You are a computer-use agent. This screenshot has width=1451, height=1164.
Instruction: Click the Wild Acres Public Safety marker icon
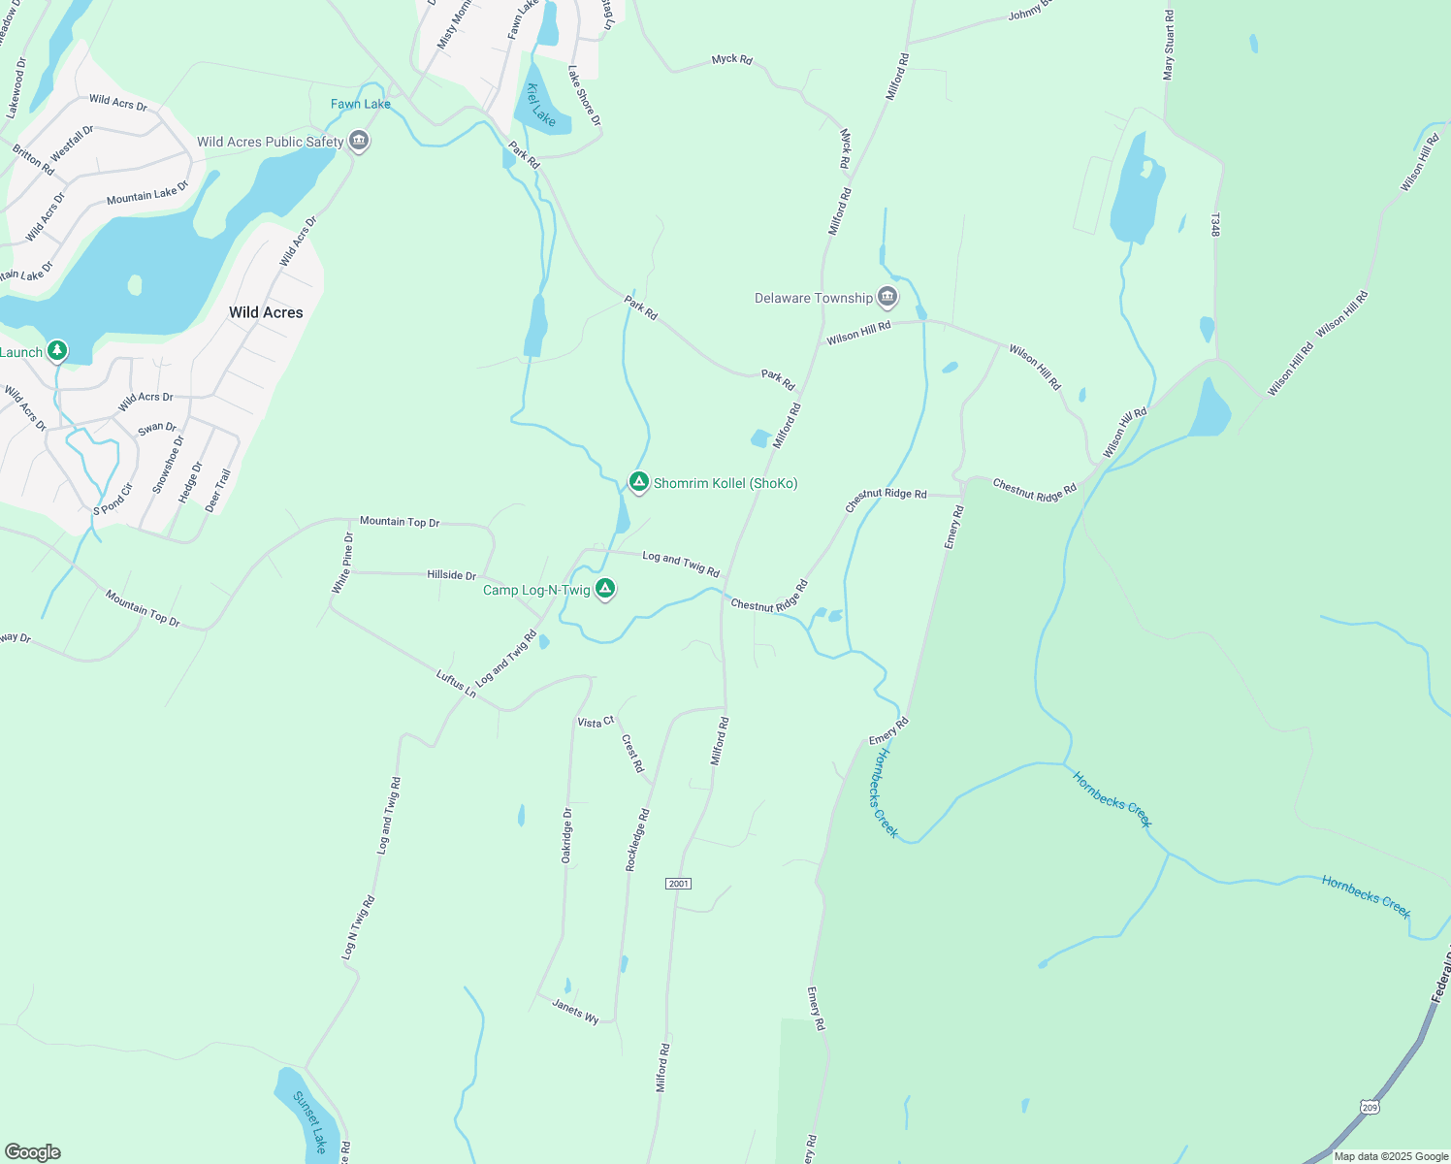pos(359,142)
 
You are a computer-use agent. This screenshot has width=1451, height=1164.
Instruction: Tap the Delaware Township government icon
pos(887,297)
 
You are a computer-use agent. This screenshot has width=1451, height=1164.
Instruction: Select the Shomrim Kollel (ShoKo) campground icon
pos(638,482)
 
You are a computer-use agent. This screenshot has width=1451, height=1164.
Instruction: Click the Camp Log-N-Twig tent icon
pos(605,589)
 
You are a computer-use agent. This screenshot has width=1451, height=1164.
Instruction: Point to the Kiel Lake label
pos(541,105)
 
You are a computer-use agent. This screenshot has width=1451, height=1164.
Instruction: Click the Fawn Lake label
pos(361,104)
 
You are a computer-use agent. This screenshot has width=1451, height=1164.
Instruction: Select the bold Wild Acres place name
pos(266,312)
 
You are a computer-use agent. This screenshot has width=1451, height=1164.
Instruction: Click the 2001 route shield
pos(678,884)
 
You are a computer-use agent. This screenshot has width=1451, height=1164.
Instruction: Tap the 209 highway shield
pos(1369,1107)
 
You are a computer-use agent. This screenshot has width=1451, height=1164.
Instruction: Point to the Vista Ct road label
pos(596,722)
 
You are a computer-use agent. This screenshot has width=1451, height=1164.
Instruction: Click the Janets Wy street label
pos(575,1011)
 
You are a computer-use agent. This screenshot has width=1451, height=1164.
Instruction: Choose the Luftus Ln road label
pos(456,684)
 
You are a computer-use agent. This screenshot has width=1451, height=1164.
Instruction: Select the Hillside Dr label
pos(451,575)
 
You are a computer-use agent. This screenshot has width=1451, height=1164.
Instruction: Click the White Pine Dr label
pos(342,564)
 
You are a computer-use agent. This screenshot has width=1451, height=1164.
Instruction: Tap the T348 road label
pos(1214,226)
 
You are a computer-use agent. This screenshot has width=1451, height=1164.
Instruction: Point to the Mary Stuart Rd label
pos(1169,45)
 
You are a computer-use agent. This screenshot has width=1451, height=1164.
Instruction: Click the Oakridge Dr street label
pos(567,835)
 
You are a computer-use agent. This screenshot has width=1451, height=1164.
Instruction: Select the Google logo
pos(33,1152)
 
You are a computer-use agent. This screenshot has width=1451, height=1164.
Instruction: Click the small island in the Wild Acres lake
pos(135,284)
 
